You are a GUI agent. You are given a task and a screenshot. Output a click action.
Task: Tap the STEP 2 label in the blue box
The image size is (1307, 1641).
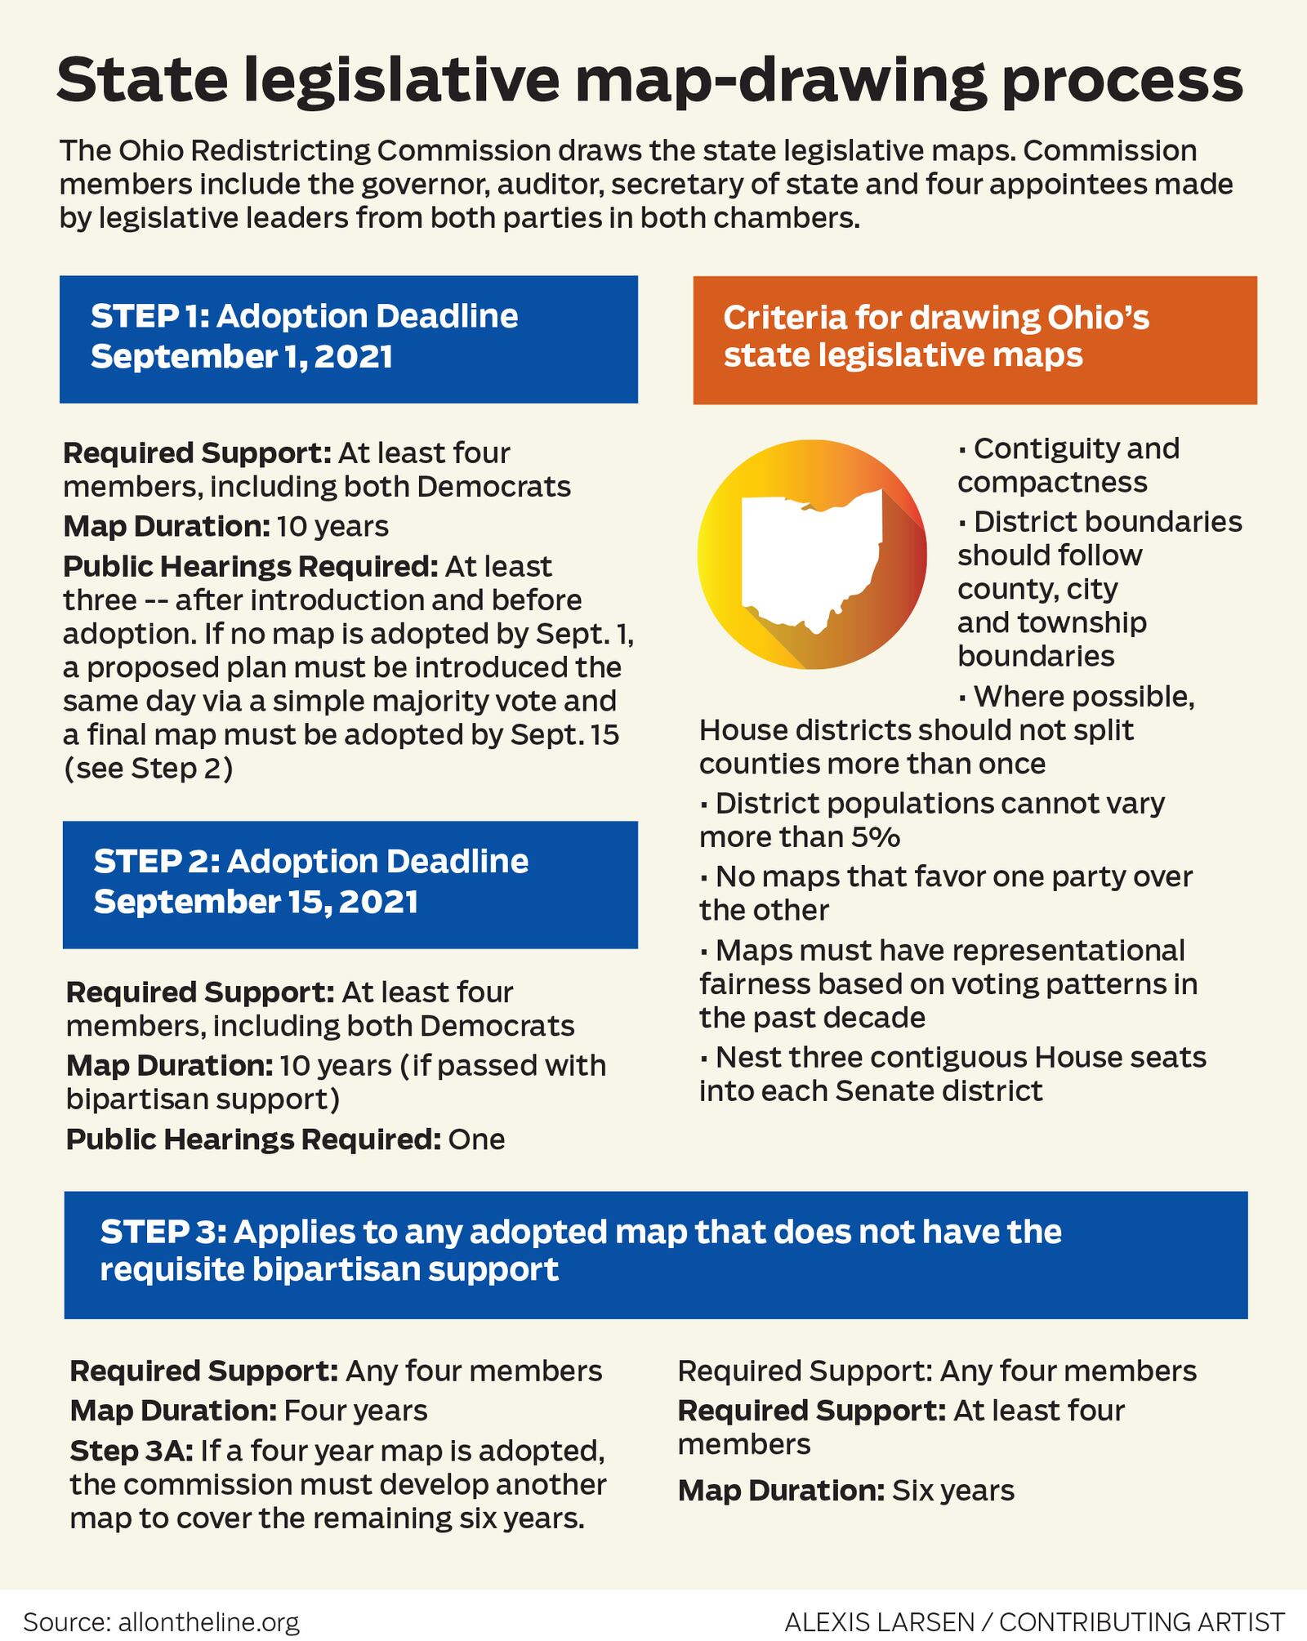(155, 862)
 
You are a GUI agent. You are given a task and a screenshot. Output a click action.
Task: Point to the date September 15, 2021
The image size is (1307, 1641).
(256, 901)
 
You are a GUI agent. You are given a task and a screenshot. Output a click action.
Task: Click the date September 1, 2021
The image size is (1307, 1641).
(242, 356)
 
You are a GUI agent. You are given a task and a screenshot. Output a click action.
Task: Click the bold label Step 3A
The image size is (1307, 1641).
(131, 1451)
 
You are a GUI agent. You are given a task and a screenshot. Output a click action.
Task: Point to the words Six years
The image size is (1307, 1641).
(953, 1491)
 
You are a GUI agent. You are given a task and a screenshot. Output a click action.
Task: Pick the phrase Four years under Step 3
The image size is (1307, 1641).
(355, 1411)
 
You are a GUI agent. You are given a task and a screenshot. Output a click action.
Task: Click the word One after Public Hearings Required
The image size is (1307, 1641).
(476, 1139)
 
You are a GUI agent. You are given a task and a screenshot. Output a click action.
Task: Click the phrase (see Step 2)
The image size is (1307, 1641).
(148, 769)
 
